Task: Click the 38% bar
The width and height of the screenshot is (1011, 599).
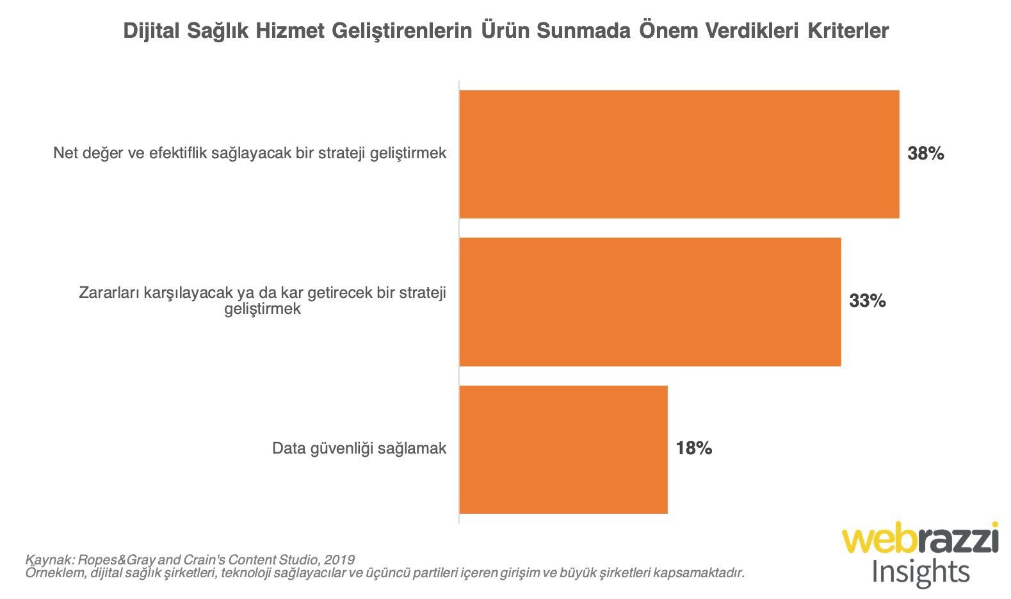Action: point(679,154)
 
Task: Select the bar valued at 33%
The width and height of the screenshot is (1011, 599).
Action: point(650,302)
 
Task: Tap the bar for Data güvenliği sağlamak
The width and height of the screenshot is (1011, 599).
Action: point(563,449)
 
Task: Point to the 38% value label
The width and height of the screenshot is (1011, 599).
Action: point(925,154)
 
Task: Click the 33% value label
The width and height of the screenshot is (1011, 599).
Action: point(867,301)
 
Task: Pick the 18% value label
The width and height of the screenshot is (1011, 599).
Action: point(693,448)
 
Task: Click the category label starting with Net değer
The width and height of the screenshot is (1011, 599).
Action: point(250,154)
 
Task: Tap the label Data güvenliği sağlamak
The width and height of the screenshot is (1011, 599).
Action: point(359,448)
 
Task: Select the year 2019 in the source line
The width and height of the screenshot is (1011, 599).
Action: point(339,559)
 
